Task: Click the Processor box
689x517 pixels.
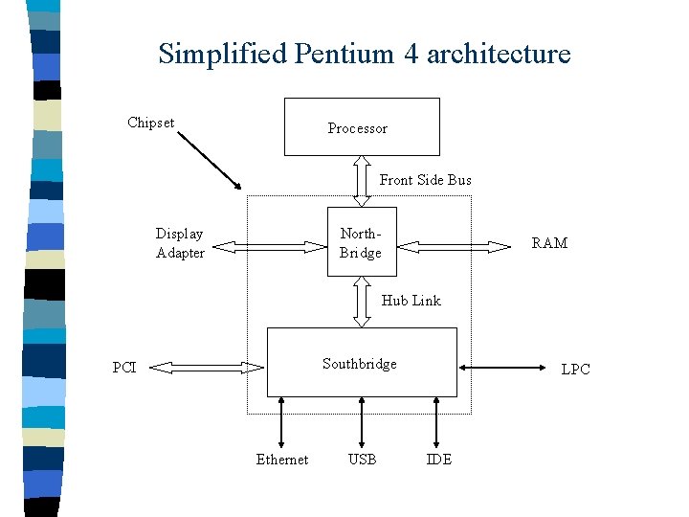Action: (x=362, y=126)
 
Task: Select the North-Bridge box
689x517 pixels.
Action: (x=361, y=242)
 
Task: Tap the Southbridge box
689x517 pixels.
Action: (x=361, y=363)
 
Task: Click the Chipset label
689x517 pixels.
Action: (x=150, y=122)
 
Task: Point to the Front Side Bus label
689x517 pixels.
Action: (x=425, y=180)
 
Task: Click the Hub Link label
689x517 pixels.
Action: (x=411, y=301)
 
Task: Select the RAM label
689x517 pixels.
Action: (x=549, y=243)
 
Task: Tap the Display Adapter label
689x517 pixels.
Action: (x=180, y=243)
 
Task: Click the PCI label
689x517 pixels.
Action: (x=124, y=368)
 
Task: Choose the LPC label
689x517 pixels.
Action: (x=575, y=370)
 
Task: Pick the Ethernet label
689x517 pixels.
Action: (x=282, y=460)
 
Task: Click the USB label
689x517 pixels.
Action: (x=362, y=460)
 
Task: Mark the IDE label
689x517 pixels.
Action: (x=438, y=460)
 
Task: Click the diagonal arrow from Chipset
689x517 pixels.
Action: (x=211, y=160)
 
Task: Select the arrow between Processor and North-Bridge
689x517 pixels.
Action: (x=362, y=181)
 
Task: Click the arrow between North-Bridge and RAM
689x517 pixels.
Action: (x=455, y=246)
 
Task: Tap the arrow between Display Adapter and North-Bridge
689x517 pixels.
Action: (x=268, y=247)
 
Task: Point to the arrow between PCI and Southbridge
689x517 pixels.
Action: (x=207, y=367)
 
